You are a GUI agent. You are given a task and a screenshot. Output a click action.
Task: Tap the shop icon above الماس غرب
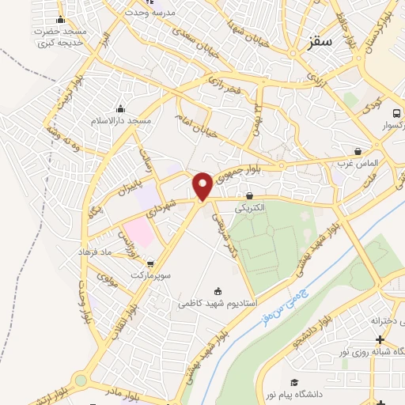pyautogui.click(x=358, y=150)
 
